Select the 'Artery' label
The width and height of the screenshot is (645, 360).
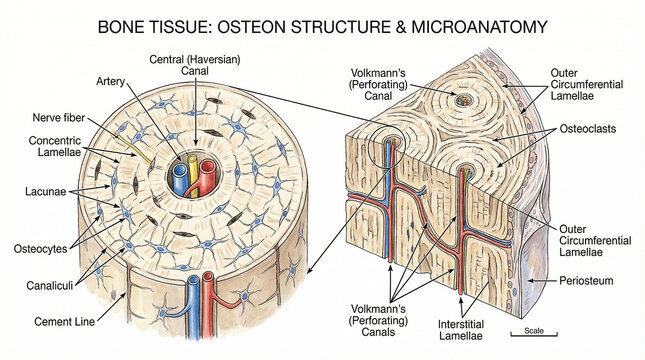110,81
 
